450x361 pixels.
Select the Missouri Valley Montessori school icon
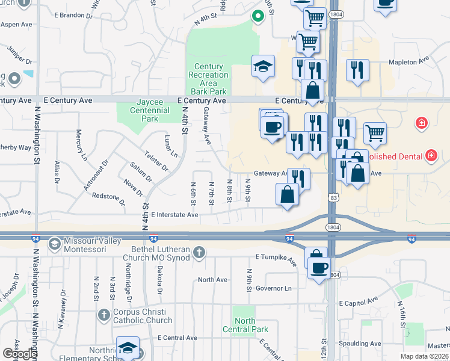(54, 244)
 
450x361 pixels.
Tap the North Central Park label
(245, 325)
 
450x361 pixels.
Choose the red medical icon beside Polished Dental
(431, 156)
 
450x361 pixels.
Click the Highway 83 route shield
(333, 197)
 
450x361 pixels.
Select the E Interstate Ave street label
(174, 215)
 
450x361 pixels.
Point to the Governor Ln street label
(273, 288)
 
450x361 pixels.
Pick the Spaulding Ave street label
(359, 344)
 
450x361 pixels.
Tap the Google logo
(19, 354)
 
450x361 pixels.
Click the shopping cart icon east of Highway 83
(374, 133)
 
